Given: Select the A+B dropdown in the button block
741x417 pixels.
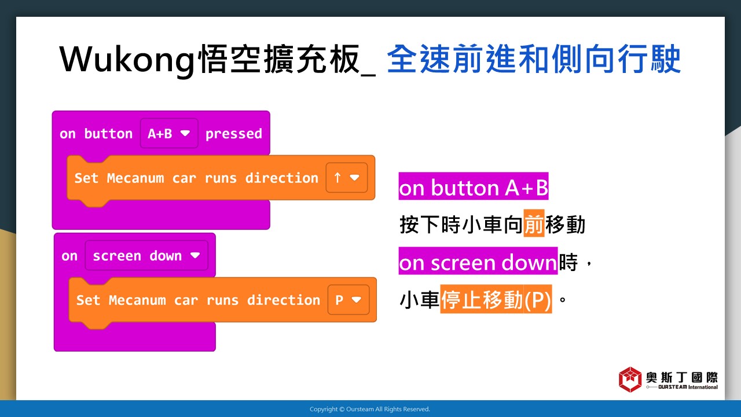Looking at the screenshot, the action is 169,133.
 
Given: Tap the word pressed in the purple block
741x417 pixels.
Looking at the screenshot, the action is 233,134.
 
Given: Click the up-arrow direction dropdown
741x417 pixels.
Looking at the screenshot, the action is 346,178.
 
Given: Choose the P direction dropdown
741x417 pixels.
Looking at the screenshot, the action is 349,300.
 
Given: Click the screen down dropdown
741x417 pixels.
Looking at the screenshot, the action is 146,255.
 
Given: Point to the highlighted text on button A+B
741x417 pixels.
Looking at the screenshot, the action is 474,186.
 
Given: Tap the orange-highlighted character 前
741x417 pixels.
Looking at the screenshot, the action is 534,224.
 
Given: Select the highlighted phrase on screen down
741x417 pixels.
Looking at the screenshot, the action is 478,261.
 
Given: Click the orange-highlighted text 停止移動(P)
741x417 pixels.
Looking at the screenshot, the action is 496,299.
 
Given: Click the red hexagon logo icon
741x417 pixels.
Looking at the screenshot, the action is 630,379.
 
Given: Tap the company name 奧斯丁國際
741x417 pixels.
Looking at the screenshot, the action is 681,377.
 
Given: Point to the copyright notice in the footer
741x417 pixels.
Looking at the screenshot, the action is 370,409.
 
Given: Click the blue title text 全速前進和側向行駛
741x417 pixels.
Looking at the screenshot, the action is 534,60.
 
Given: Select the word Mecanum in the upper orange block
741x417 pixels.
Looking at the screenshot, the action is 135,178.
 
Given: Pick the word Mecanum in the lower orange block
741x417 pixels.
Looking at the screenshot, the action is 137,300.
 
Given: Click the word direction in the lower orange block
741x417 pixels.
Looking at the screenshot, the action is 284,300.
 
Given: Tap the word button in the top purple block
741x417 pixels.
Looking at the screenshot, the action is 108,133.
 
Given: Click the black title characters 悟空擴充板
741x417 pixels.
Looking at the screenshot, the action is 278,60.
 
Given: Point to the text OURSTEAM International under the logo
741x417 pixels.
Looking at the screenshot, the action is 688,387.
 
